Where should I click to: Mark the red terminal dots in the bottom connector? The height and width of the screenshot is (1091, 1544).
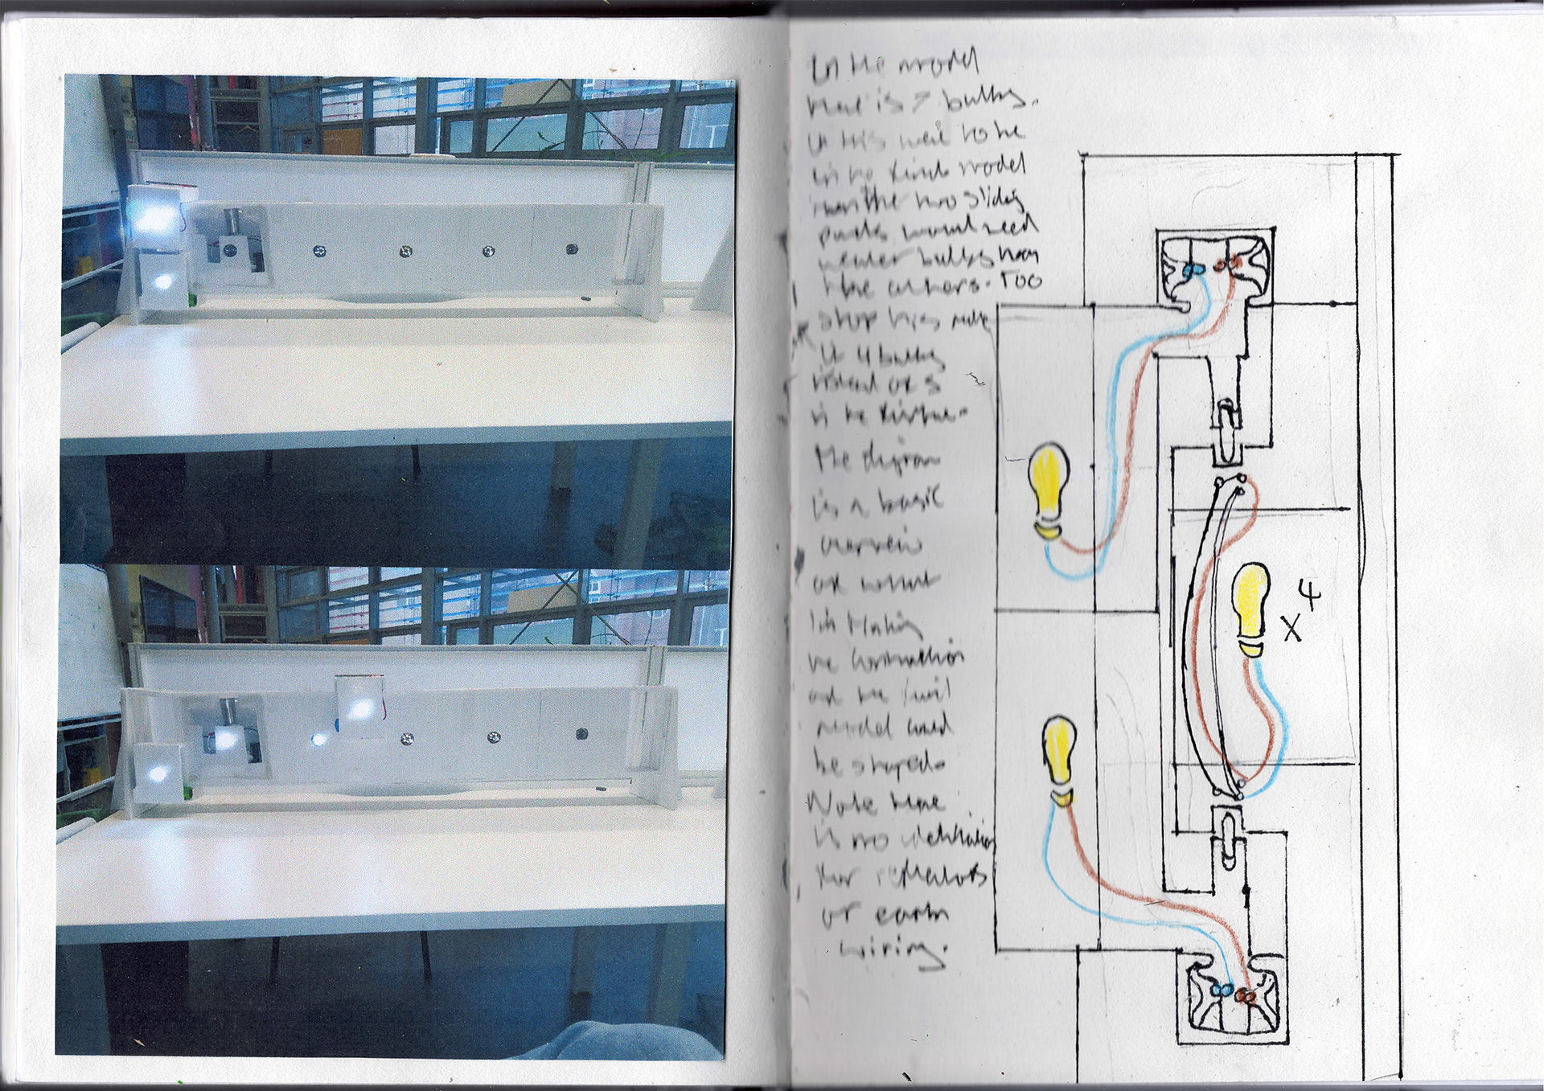(1246, 996)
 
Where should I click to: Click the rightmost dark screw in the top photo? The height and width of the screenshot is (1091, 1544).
(571, 248)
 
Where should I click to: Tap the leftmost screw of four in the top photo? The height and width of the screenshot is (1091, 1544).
(319, 252)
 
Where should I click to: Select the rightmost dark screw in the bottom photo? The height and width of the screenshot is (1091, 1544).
(581, 734)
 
